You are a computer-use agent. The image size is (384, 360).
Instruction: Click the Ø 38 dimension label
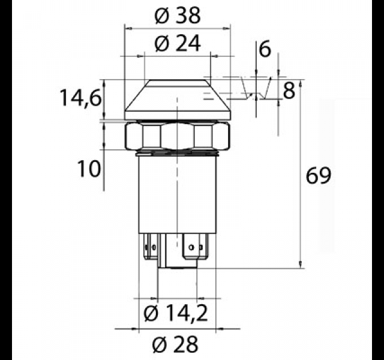click(178, 16)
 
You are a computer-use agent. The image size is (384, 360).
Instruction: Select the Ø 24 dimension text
click(178, 44)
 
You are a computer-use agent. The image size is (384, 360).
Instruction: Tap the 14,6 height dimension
click(80, 98)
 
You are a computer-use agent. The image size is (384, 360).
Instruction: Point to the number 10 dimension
click(89, 169)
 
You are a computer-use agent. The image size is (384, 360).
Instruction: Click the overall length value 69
click(319, 175)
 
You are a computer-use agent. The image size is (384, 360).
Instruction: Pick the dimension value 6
click(265, 49)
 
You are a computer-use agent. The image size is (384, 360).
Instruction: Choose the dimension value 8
click(289, 91)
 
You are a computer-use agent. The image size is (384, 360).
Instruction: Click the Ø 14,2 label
click(176, 313)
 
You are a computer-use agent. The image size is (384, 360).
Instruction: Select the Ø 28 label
click(175, 344)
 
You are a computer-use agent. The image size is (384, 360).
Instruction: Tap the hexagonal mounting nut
click(178, 136)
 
